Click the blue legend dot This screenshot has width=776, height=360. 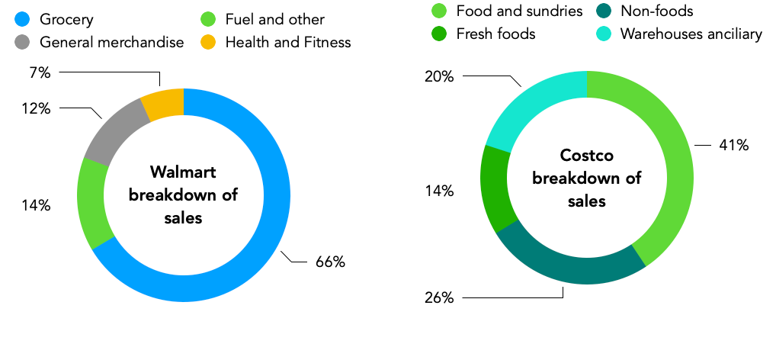(22, 19)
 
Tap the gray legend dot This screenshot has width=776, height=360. (22, 42)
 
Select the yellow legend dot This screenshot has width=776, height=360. (208, 42)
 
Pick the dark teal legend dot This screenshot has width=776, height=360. (604, 10)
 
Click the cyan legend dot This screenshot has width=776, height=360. (604, 34)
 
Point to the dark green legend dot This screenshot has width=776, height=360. (439, 34)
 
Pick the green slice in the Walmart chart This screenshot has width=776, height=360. (95, 202)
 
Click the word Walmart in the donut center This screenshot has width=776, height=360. (183, 171)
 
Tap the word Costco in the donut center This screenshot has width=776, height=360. (587, 156)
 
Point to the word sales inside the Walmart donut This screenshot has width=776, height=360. (183, 218)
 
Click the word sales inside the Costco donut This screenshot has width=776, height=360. (587, 201)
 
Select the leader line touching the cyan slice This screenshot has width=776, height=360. (499, 76)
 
